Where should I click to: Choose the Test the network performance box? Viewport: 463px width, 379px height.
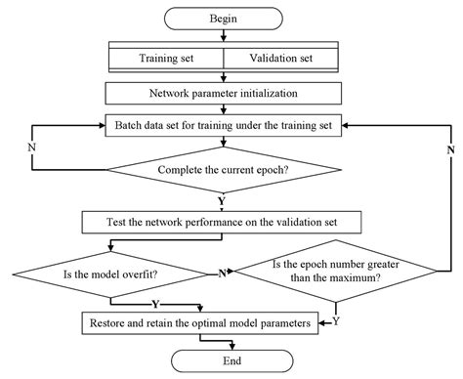coord(225,221)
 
